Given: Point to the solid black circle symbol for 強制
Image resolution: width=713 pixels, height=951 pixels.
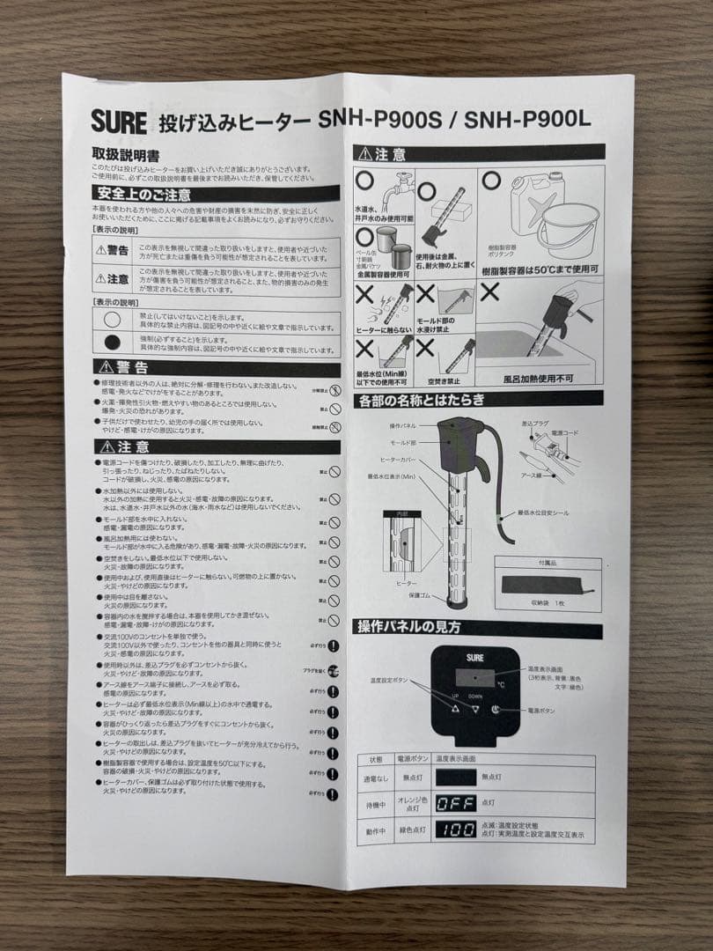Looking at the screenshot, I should [113, 343].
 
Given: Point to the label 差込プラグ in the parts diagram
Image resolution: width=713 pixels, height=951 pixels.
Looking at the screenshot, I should [536, 424].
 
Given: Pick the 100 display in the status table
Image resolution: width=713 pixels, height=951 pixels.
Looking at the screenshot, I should [456, 829].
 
